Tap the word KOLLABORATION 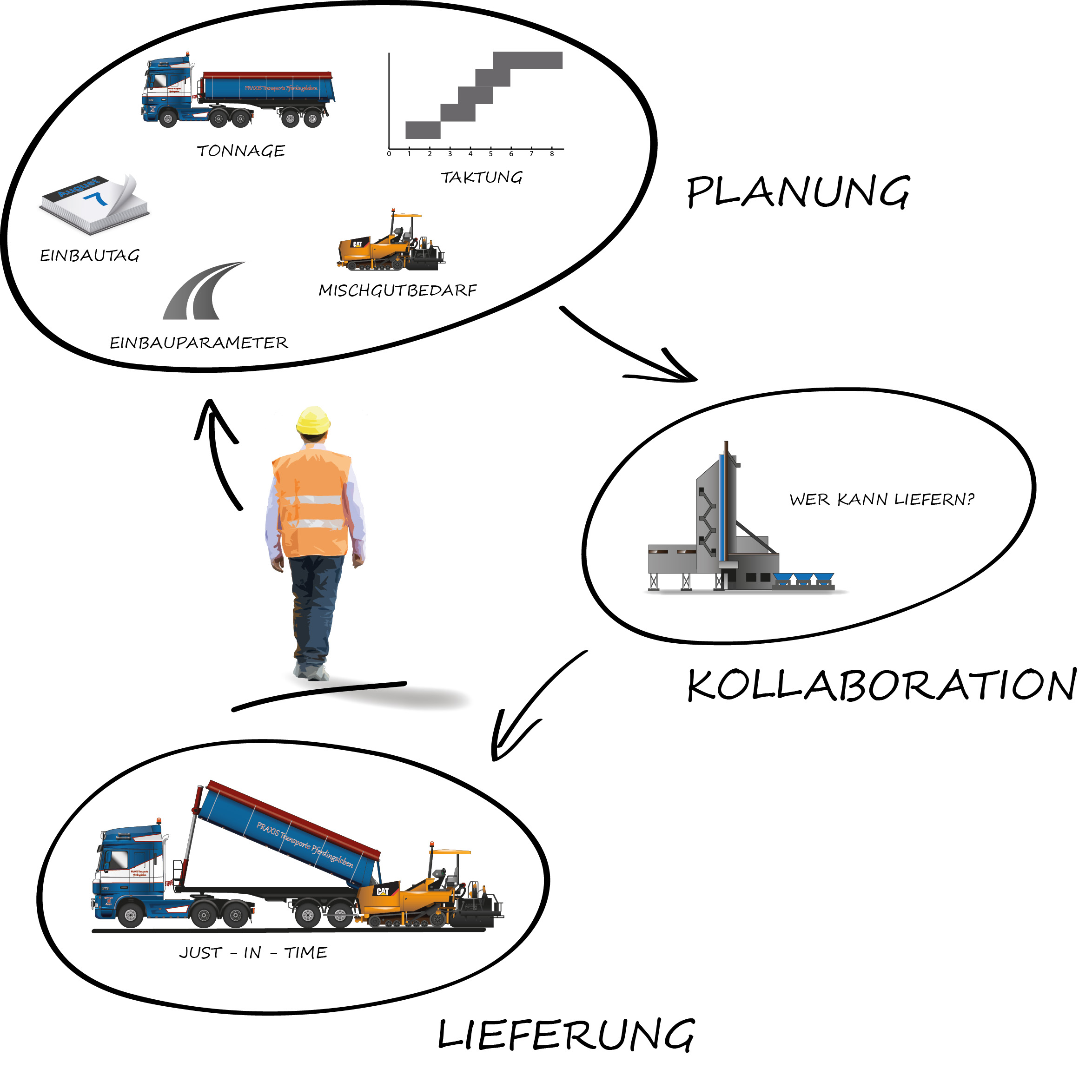point(881,685)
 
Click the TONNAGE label point(241,151)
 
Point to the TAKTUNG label point(482,178)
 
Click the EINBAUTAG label point(89,256)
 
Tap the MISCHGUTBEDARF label point(397,290)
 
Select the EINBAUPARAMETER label point(199,343)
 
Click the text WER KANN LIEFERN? point(881,499)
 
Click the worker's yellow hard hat point(313,420)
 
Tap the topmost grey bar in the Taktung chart point(527,60)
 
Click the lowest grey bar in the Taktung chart point(423,130)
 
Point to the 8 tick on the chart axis point(552,154)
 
